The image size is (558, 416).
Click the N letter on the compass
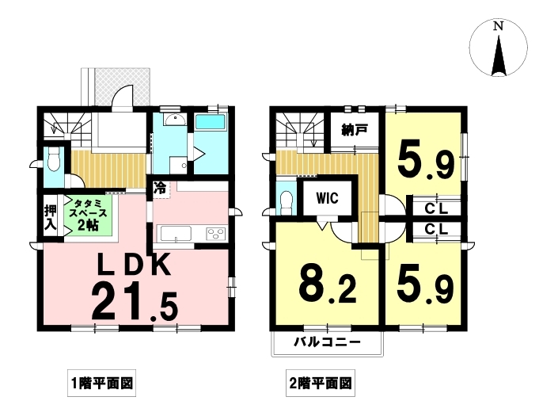tap(499, 26)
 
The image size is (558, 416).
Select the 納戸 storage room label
tap(355, 131)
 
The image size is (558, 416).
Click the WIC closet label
tap(328, 198)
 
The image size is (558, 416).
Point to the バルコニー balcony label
tap(327, 342)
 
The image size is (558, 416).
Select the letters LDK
tap(135, 265)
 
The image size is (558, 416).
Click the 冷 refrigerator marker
tap(160, 189)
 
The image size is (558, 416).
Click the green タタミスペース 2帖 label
tap(88, 215)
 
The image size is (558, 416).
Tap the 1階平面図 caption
tap(102, 384)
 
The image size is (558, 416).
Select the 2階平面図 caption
tap(321, 384)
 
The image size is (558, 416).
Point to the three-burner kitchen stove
tap(216, 234)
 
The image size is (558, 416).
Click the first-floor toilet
tap(54, 160)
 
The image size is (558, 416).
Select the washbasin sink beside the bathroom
tap(175, 120)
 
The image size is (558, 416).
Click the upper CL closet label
tap(436, 208)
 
